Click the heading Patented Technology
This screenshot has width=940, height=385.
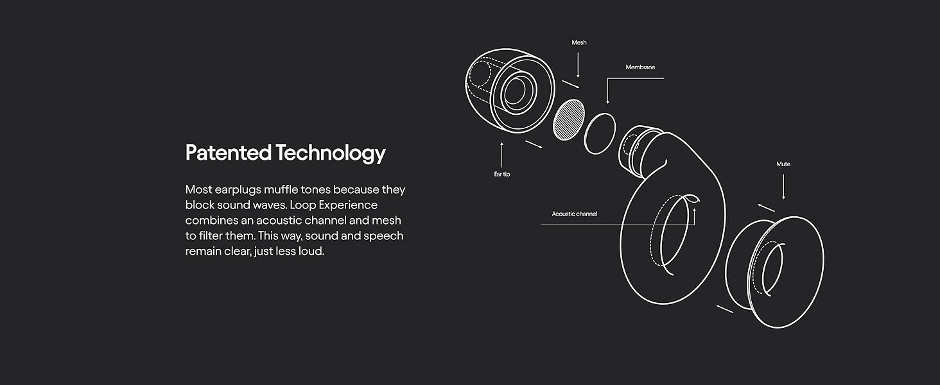(285, 153)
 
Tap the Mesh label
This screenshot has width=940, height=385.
(579, 42)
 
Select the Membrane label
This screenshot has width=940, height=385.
(640, 67)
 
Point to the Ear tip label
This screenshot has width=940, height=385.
(501, 175)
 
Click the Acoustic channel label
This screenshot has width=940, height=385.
(574, 214)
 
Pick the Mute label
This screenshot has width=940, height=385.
(783, 164)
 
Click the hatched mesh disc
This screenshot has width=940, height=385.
(569, 120)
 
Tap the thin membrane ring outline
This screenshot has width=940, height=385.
(600, 133)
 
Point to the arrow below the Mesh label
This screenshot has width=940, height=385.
(579, 65)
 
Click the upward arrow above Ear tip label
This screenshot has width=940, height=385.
(501, 155)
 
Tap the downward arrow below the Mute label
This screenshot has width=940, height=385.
(783, 186)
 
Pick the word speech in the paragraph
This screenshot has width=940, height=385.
(383, 236)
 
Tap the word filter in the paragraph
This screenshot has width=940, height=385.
(212, 236)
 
